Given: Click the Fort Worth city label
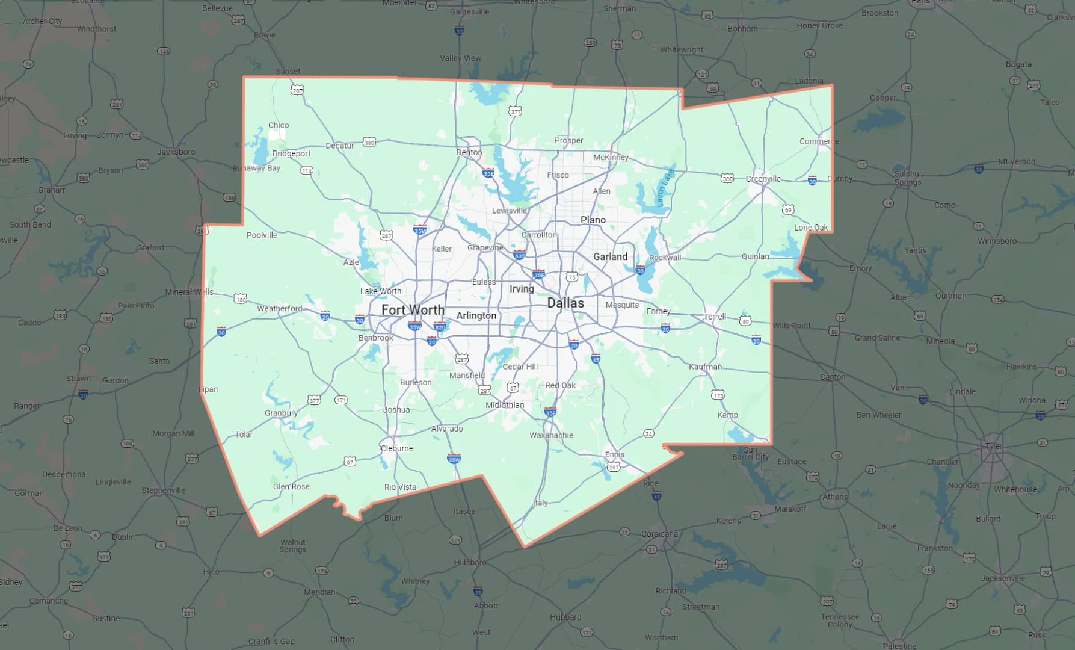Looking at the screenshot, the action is click(x=413, y=310).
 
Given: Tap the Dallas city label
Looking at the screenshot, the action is click(x=565, y=303).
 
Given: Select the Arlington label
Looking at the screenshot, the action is click(x=476, y=315).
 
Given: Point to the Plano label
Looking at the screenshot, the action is click(x=593, y=220).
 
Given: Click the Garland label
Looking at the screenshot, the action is click(x=610, y=256).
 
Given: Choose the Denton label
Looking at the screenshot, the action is click(x=469, y=152).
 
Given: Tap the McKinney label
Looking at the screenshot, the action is click(x=611, y=158).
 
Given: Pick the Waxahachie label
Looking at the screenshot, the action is click(x=551, y=435).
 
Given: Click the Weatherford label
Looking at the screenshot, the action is click(x=280, y=309).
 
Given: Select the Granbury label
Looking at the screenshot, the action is click(x=281, y=413).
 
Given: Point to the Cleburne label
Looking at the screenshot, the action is click(x=397, y=448).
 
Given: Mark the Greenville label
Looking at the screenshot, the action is click(x=763, y=179).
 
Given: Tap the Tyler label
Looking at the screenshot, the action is click(x=994, y=446).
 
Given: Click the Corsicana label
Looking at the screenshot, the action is click(x=659, y=534).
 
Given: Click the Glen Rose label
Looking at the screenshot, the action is click(x=291, y=486).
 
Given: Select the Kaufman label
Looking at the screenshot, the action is click(x=705, y=367).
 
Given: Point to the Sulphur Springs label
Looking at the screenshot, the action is click(x=908, y=178).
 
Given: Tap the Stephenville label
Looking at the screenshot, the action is click(x=164, y=491).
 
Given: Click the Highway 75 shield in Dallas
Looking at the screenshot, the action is click(x=572, y=277).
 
